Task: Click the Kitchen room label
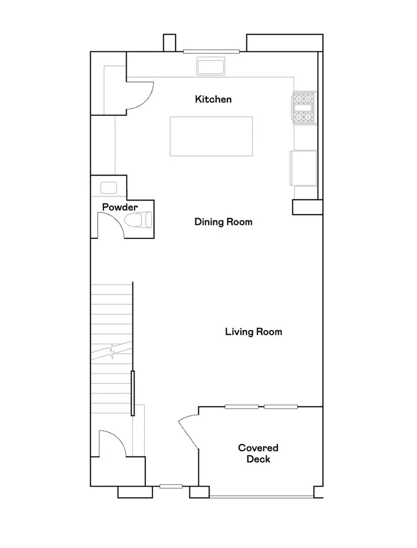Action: pos(213,99)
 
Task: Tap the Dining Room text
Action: pos(223,222)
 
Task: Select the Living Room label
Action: pos(253,332)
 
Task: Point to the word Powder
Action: pos(120,207)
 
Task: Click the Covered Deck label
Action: pos(258,454)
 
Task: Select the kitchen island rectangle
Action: pos(211,136)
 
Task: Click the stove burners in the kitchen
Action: pos(304,107)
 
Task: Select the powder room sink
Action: pos(109,188)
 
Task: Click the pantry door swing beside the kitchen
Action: pos(139,96)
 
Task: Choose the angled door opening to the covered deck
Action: pos(188,429)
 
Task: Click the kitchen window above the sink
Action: pos(211,52)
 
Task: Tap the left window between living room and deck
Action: pos(241,406)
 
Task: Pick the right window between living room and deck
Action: pos(281,406)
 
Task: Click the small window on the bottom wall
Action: pos(171,487)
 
